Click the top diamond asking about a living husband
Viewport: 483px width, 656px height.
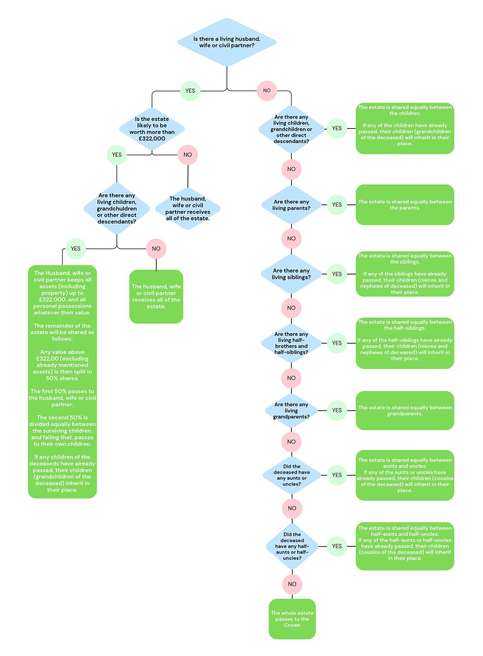[x=227, y=42]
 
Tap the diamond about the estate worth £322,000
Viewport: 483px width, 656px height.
[x=152, y=129]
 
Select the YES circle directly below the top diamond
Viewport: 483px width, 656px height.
[x=190, y=91]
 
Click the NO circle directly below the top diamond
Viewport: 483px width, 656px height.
[x=267, y=91]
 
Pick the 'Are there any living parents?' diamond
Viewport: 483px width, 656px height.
[x=291, y=205]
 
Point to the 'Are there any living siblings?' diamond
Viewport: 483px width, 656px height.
[x=291, y=274]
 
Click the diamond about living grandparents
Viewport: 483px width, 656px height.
[x=291, y=410]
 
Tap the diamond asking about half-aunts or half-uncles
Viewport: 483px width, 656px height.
[x=292, y=546]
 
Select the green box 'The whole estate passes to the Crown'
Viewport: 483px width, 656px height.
[x=292, y=619]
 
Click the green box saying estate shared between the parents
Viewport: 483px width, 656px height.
[x=405, y=205]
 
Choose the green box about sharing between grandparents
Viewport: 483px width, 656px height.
[x=405, y=410]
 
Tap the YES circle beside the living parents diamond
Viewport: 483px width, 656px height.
[x=337, y=205]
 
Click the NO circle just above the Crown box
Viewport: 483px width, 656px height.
[x=292, y=584]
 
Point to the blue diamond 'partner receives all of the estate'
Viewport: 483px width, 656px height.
[x=188, y=208]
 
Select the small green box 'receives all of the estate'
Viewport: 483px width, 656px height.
[x=156, y=297]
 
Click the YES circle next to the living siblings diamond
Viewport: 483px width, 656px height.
[x=337, y=274]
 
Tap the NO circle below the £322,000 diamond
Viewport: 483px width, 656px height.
[x=188, y=155]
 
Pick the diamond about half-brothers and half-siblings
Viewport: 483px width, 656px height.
[x=291, y=343]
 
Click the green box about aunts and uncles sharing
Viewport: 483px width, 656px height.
[x=405, y=475]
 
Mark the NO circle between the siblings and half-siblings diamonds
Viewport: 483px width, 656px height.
[x=291, y=308]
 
